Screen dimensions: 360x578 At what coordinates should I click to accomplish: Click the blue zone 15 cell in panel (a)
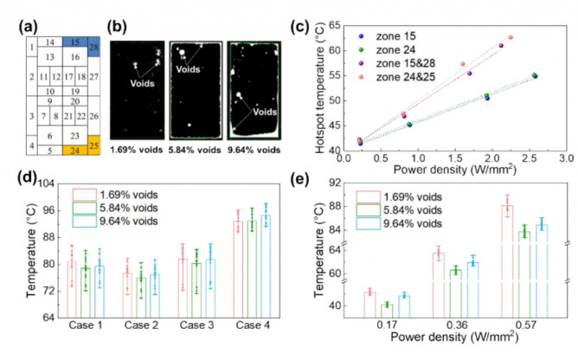click(75, 41)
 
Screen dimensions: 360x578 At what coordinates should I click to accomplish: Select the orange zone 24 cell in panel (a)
click(75, 151)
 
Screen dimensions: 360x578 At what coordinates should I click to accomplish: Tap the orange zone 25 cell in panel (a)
click(94, 143)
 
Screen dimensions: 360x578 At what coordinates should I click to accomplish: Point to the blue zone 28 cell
click(94, 46)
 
